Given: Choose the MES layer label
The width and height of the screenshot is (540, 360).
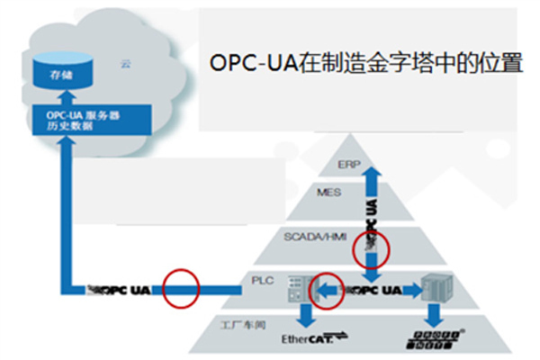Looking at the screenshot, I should point(328,192).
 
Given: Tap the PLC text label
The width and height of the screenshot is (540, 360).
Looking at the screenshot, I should point(261,280).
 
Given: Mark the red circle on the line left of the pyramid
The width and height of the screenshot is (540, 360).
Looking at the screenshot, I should point(179,289).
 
